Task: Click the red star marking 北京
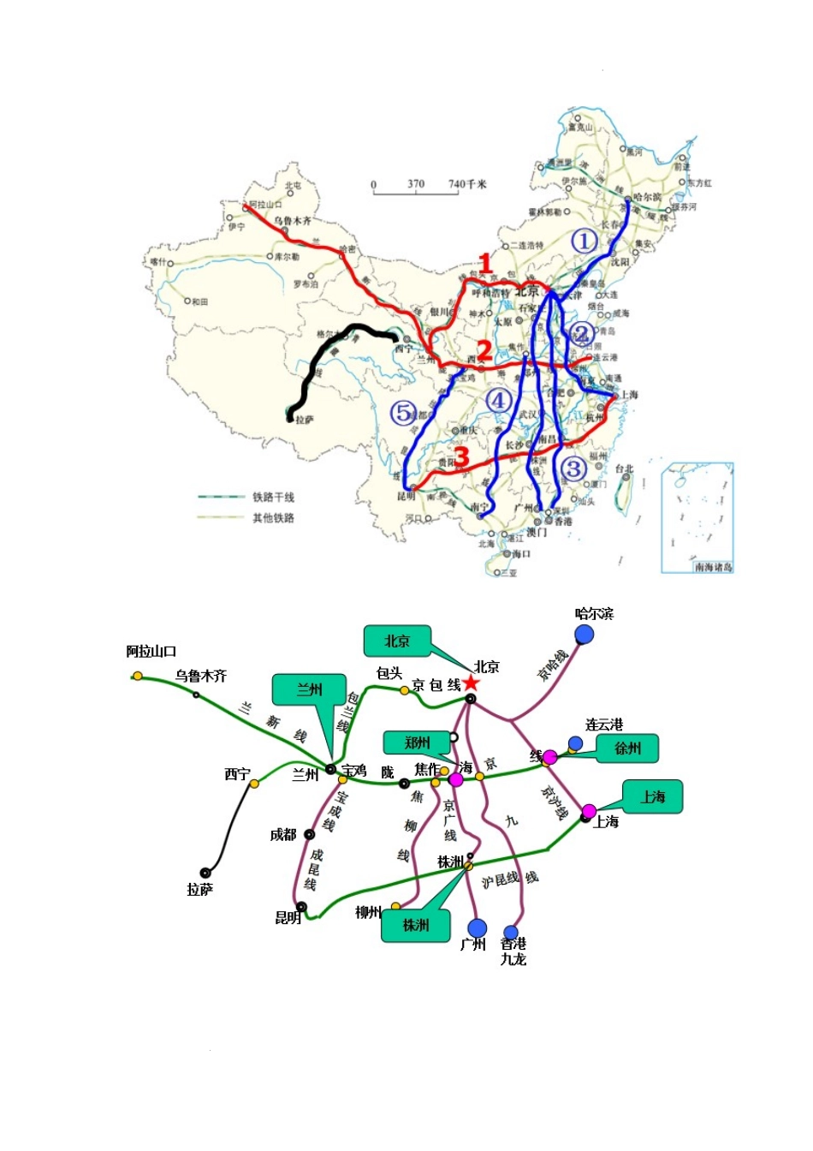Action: pyautogui.click(x=470, y=683)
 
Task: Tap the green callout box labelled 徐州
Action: pyautogui.click(x=628, y=748)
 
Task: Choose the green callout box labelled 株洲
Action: pyautogui.click(x=416, y=925)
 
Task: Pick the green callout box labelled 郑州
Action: pyautogui.click(x=418, y=742)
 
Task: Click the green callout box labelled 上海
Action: pyautogui.click(x=652, y=796)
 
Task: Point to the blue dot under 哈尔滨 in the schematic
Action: pyautogui.click(x=585, y=634)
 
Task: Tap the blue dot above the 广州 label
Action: pyautogui.click(x=478, y=928)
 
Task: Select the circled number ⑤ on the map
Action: pyautogui.click(x=402, y=413)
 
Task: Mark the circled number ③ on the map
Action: pyautogui.click(x=573, y=468)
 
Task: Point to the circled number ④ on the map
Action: pyautogui.click(x=498, y=400)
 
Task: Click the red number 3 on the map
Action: pyautogui.click(x=462, y=456)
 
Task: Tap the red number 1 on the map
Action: pyautogui.click(x=485, y=265)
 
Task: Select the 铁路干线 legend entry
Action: pyautogui.click(x=272, y=497)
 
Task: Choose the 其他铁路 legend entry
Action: pyautogui.click(x=272, y=517)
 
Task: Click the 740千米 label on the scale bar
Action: pyautogui.click(x=467, y=184)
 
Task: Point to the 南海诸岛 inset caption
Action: pyautogui.click(x=713, y=567)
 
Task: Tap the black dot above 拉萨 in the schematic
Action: pyautogui.click(x=205, y=874)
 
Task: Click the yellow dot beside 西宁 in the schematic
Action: pyautogui.click(x=254, y=783)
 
